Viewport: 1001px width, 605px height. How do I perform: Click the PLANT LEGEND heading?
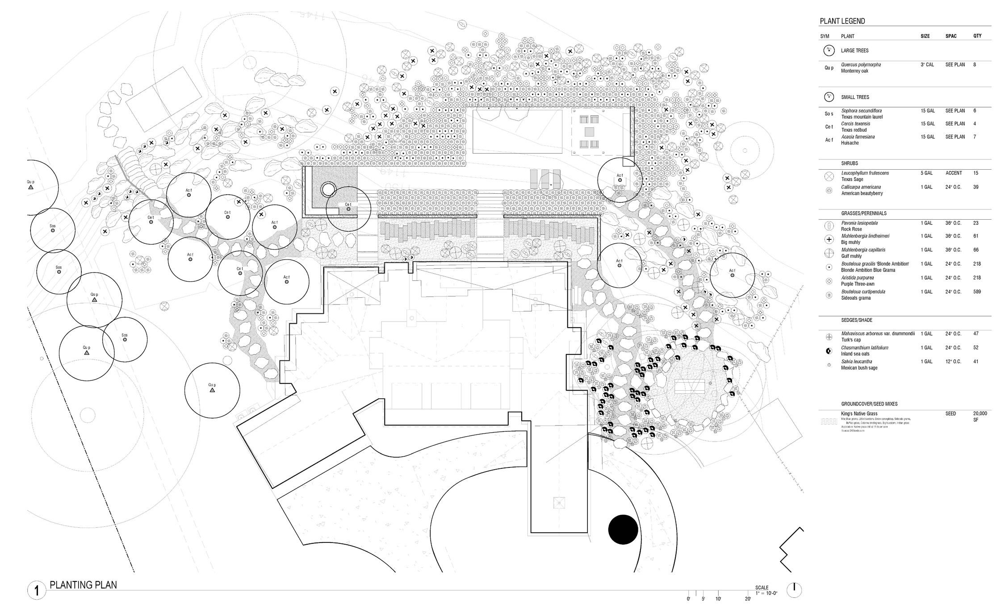[x=842, y=21]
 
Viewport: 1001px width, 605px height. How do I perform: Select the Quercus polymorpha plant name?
[x=861, y=65]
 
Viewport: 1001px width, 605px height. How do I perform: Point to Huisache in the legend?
[x=850, y=143]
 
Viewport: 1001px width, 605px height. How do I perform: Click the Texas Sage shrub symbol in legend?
[x=829, y=176]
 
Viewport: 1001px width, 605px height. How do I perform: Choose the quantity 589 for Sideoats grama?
[x=977, y=292]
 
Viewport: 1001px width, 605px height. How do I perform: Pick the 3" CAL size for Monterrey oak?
[x=927, y=65]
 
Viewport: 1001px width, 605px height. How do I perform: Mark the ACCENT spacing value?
[x=953, y=173]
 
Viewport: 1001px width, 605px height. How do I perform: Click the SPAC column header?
[x=951, y=36]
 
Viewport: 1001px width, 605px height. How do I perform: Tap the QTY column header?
[x=977, y=36]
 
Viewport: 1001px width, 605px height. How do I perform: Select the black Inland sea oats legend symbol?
[x=829, y=351]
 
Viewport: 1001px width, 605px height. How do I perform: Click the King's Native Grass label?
[x=859, y=414]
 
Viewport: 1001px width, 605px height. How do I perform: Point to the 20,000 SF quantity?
[x=980, y=417]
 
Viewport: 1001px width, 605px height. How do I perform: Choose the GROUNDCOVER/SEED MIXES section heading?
[x=869, y=404]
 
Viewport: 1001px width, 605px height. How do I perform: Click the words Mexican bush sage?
[x=859, y=368]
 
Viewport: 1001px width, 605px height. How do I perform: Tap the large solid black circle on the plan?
[x=623, y=530]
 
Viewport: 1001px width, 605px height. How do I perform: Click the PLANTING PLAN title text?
[x=83, y=585]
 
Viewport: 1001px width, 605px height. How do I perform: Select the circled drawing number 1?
[x=37, y=591]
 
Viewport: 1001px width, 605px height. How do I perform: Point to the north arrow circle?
[x=794, y=590]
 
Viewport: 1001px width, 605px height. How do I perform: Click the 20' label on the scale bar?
[x=747, y=599]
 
